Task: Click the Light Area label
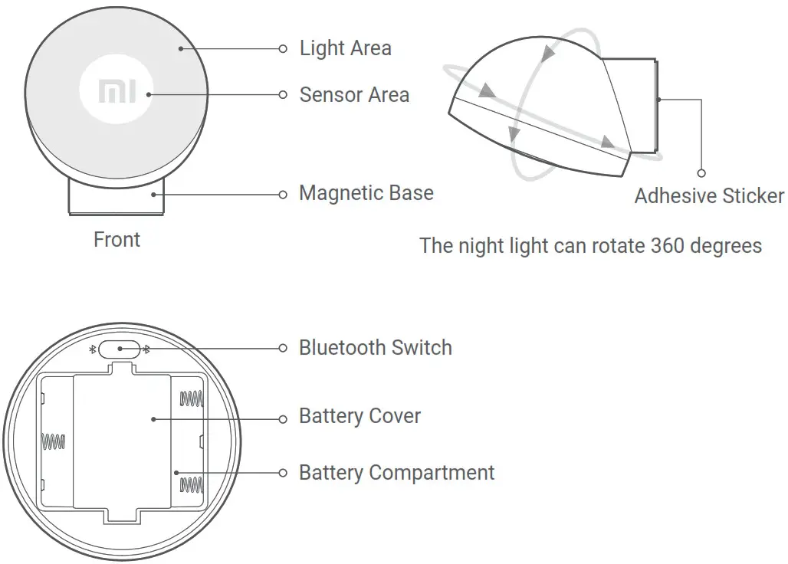pos(345,48)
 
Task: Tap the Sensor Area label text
pos(354,95)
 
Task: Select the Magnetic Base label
pos(366,193)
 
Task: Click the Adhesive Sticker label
pos(708,196)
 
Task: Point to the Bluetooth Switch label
pos(375,348)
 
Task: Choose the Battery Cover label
pos(360,417)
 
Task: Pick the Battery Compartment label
pos(396,473)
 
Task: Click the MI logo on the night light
pos(117,91)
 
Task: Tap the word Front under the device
pos(117,240)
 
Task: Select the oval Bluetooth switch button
pos(119,349)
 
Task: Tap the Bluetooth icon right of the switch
pos(146,349)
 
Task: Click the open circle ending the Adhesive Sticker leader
pos(701,173)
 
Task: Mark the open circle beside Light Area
pos(283,48)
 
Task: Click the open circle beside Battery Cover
pos(283,418)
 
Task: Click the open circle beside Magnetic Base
pos(283,195)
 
